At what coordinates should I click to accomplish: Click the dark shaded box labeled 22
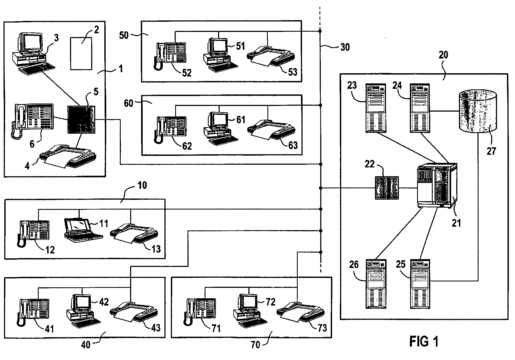point(387,188)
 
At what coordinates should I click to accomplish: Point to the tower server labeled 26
point(376,284)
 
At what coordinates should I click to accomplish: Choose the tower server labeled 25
point(421,284)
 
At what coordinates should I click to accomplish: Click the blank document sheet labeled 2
point(81,53)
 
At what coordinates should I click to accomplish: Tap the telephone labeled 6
point(32,120)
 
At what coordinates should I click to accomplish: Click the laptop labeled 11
point(83,228)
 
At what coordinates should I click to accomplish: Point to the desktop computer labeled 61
point(220,129)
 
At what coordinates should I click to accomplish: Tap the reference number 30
point(345,47)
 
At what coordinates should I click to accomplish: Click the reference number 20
point(443,55)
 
